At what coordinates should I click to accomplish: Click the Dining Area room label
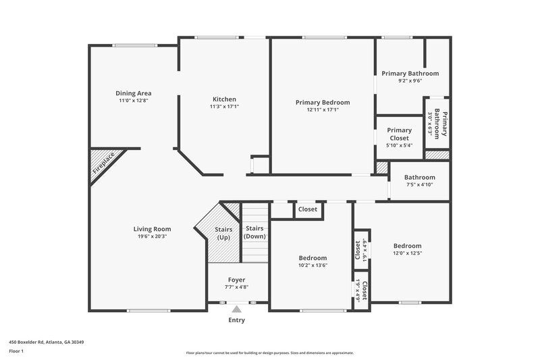pos(133,93)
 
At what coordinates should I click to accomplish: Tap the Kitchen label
pos(224,99)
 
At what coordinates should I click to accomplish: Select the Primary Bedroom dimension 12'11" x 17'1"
pos(323,110)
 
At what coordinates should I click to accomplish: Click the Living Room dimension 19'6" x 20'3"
pos(152,237)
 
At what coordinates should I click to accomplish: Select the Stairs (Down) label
pos(255,232)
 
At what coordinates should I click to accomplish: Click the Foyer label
pos(236,280)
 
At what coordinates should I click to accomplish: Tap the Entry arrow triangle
pos(236,309)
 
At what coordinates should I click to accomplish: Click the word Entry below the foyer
pos(237,321)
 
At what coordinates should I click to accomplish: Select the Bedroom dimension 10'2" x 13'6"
pos(313,266)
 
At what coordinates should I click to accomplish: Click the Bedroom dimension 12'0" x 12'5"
pos(407,254)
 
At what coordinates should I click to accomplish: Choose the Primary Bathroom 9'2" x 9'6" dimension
pos(410,81)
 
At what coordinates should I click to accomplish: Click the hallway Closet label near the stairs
pos(308,209)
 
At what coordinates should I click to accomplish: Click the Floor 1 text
pos(16,351)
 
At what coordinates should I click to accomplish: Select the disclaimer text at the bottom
pos(269,353)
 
